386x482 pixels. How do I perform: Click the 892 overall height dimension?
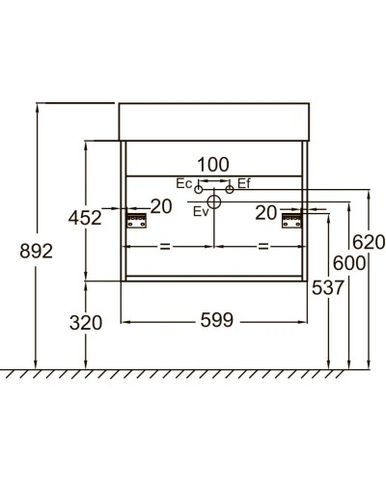click(35, 251)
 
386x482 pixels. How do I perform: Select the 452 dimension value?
click(85, 218)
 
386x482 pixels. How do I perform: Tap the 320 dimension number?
click(85, 324)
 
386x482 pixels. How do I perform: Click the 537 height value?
click(328, 286)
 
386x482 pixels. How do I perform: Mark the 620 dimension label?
click(368, 241)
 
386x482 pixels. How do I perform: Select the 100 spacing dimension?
click(214, 165)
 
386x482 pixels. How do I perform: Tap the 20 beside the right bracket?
click(268, 212)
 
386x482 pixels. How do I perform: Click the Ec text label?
click(184, 183)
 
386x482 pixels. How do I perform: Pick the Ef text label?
click(244, 183)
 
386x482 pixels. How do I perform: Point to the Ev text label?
click(200, 210)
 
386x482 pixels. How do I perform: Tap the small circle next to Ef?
click(230, 189)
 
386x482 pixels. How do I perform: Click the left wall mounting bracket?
click(137, 221)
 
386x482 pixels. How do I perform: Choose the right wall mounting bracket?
click(290, 221)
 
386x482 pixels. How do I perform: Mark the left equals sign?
click(164, 247)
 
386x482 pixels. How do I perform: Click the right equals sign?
click(262, 247)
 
